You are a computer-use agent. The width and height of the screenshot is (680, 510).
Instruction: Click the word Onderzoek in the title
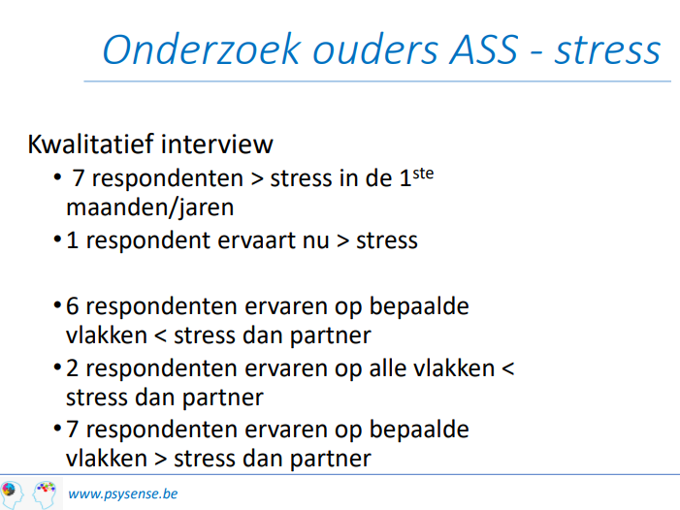coord(202,49)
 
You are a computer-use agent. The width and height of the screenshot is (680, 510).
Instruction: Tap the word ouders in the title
coord(376,49)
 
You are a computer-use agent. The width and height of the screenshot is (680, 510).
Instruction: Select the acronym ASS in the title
coord(483,49)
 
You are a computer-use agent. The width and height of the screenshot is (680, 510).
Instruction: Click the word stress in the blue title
coord(607,51)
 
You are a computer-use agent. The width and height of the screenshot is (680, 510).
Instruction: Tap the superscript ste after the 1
coord(423,174)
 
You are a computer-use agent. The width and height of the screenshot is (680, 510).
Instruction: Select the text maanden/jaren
coord(150,208)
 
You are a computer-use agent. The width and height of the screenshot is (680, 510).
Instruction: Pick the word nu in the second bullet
coord(315,241)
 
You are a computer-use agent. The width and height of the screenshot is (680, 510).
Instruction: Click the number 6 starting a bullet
coord(73,306)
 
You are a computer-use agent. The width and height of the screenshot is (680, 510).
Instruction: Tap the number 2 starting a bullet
coord(73,368)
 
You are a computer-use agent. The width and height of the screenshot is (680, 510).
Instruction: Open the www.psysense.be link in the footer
coord(123,494)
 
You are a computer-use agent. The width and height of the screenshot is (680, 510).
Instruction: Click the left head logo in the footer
coord(12,494)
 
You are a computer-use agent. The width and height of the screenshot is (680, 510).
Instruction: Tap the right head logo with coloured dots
coord(45,494)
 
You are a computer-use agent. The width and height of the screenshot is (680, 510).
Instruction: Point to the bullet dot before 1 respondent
coord(57,239)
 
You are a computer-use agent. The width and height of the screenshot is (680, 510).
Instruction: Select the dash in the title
coord(536,53)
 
